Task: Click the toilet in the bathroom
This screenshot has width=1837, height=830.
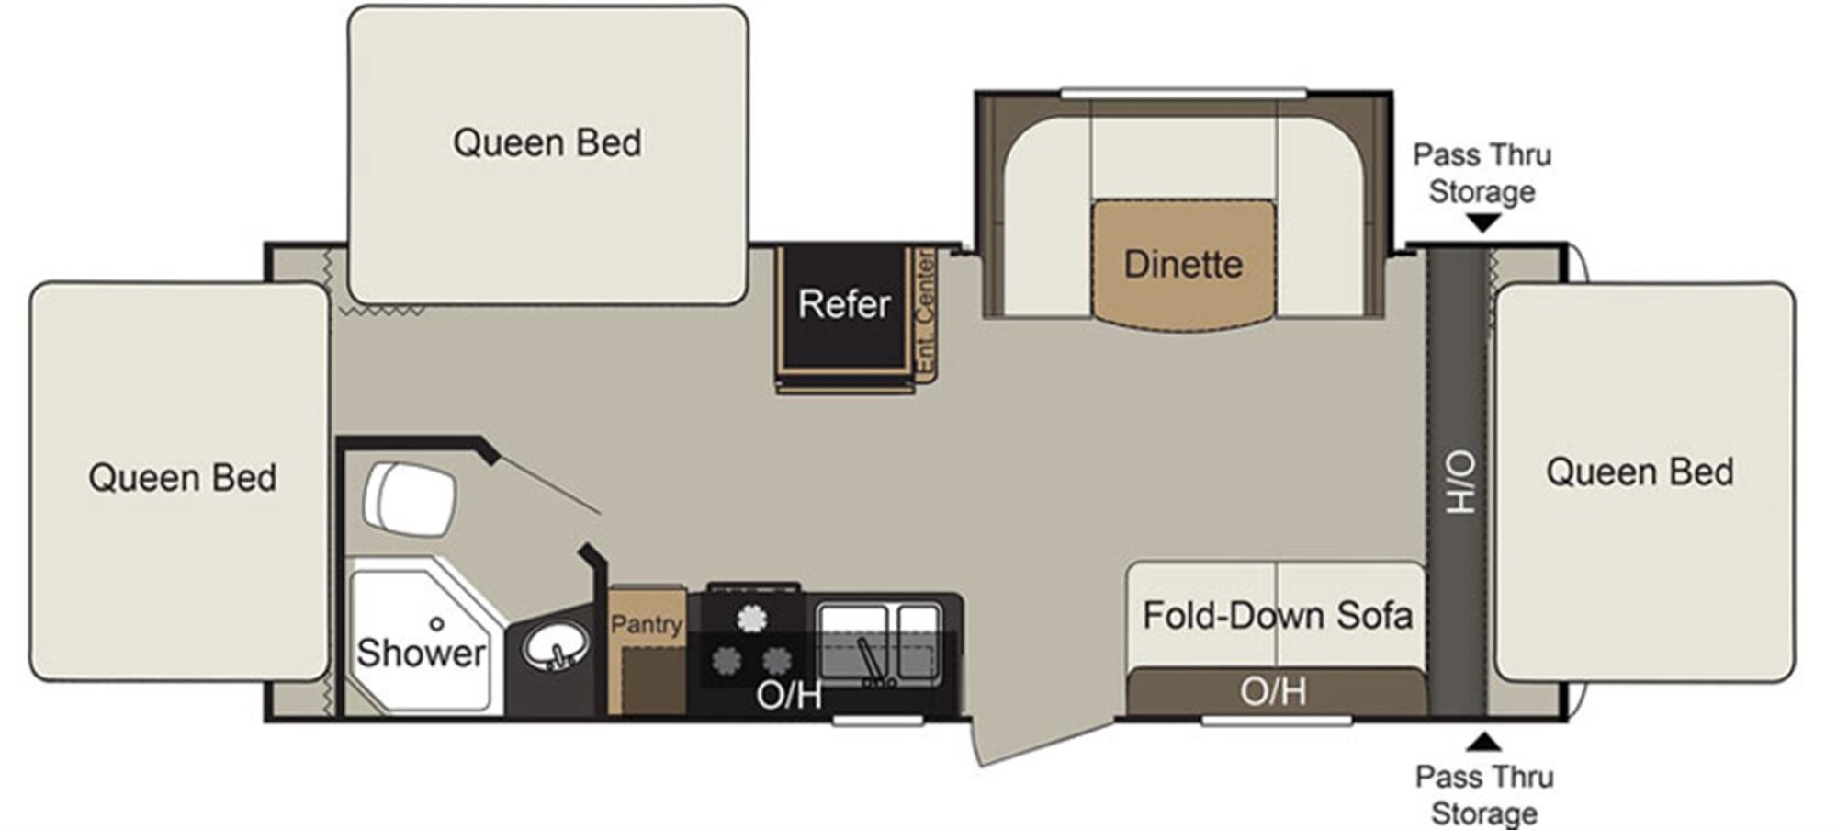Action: pos(410,501)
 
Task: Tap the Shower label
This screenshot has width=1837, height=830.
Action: pos(421,653)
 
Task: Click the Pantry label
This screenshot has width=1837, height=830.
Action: pos(647,625)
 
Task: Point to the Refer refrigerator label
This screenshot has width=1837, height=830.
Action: pos(844,304)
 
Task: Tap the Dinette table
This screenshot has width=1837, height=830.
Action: pos(1183,263)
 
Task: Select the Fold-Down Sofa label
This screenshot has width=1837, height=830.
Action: pos(1277,615)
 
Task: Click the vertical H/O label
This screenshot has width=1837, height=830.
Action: pos(1459,483)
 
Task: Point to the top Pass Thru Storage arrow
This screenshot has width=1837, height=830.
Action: pos(1483,222)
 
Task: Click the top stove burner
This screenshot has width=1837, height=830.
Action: pos(752,618)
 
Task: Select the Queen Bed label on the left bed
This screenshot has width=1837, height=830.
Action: pos(183,478)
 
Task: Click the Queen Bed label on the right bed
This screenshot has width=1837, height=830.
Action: pos(1640,472)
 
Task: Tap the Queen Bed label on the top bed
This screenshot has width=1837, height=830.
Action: pos(547,142)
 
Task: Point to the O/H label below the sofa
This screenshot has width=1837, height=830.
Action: pos(1273,691)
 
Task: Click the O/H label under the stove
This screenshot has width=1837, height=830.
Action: pos(789,696)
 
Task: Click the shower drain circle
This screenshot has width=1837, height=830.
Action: pos(437,624)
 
